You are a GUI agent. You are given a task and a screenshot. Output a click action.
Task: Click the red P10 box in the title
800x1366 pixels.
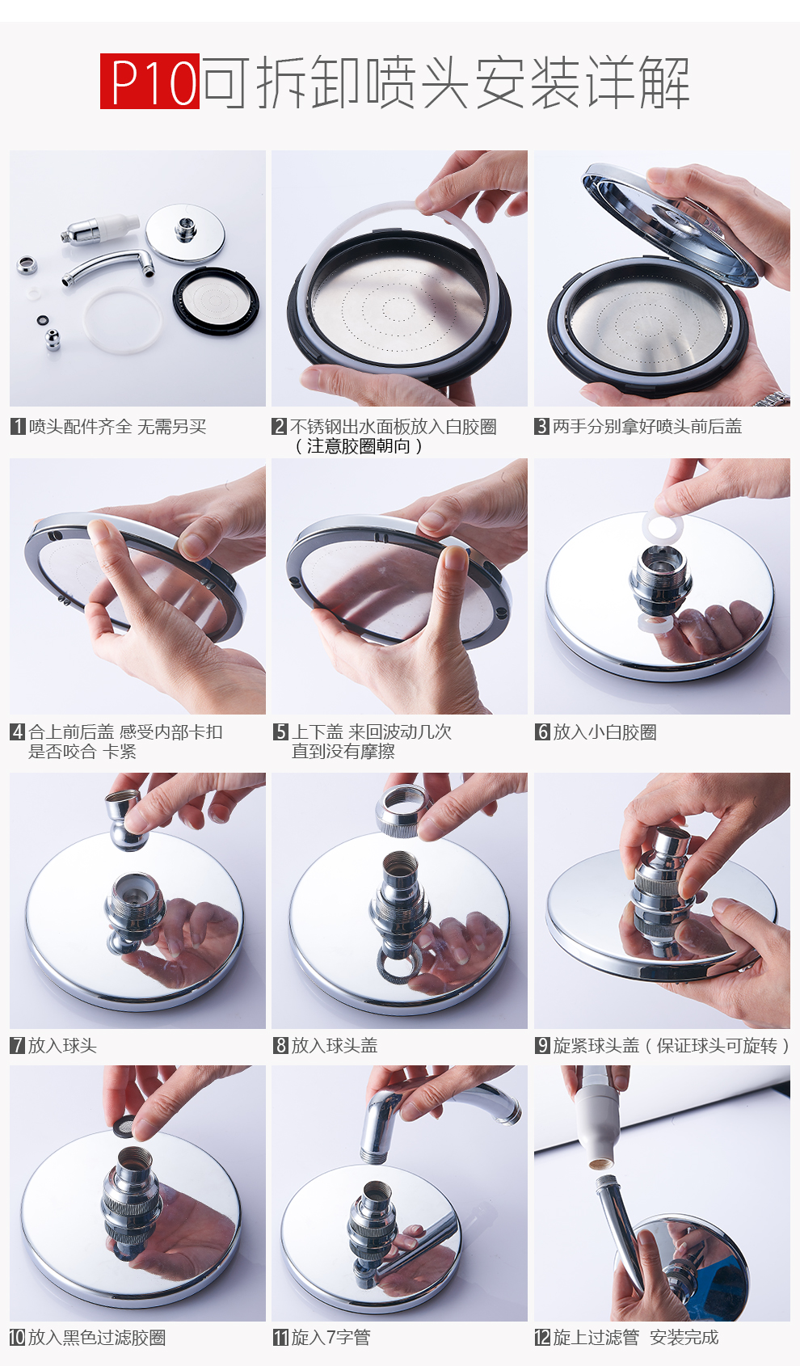(x=150, y=81)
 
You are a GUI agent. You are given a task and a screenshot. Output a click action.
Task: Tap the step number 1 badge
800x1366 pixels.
(x=18, y=426)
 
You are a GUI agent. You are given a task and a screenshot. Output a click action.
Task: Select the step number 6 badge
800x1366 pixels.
(x=542, y=731)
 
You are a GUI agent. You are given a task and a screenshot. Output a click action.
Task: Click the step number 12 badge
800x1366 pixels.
(x=542, y=1338)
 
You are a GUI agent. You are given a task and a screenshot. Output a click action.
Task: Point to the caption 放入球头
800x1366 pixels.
(x=62, y=1045)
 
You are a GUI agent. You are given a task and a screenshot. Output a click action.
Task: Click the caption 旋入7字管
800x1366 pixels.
(x=331, y=1338)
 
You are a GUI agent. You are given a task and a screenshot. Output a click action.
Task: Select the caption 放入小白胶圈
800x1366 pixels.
(x=605, y=731)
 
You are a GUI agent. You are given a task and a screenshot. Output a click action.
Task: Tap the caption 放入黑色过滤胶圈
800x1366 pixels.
(x=97, y=1338)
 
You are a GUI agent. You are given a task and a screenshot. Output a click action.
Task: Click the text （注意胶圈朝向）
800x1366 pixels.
(x=359, y=446)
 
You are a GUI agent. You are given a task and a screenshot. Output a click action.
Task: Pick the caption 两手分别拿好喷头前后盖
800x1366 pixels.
(x=647, y=426)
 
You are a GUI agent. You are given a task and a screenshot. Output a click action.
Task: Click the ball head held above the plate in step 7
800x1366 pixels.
(x=126, y=818)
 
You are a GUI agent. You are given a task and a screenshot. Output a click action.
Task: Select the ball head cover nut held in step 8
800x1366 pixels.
(x=402, y=809)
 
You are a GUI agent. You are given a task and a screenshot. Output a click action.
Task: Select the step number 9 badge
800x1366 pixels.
(x=542, y=1045)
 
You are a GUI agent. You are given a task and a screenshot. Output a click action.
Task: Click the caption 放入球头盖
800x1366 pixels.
(x=335, y=1045)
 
